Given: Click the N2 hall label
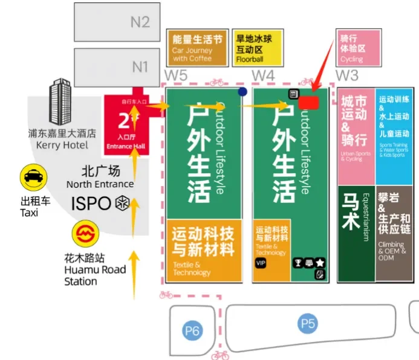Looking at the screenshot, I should coord(140,22).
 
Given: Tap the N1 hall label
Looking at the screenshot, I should coord(140,66).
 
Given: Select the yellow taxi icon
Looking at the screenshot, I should coord(33,178).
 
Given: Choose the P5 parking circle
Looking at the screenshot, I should coord(308,324).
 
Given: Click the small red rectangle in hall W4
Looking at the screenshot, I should coord(308,102).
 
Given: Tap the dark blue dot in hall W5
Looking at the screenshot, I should coord(242,92).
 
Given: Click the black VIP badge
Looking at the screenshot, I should coord(261,263).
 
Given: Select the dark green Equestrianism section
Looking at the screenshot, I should coord(356,233).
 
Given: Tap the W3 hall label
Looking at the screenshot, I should coord(347,76).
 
